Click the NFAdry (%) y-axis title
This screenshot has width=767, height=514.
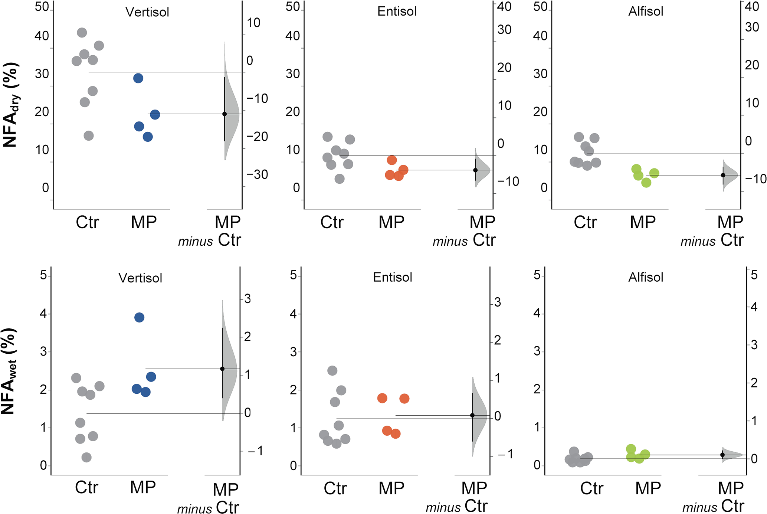pyautogui.click(x=11, y=105)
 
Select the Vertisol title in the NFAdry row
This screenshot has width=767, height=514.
pyautogui.click(x=147, y=12)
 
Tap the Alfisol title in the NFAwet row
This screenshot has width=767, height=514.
pyautogui.click(x=645, y=277)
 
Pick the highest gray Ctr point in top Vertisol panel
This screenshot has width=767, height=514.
pyautogui.click(x=82, y=33)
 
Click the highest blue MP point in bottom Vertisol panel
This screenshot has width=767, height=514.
pyautogui.click(x=139, y=317)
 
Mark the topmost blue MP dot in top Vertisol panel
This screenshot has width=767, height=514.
pyautogui.click(x=138, y=78)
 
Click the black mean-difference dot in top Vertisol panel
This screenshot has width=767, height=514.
pyautogui.click(x=224, y=114)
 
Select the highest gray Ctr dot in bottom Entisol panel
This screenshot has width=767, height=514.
pyautogui.click(x=332, y=370)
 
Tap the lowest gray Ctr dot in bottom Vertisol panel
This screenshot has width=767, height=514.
pyautogui.click(x=86, y=457)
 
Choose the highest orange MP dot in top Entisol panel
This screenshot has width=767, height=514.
pyautogui.click(x=392, y=160)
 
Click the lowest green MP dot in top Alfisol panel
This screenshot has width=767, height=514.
pyautogui.click(x=646, y=183)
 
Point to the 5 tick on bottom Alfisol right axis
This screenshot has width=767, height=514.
pyautogui.click(x=754, y=275)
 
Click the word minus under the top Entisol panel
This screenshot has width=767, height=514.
pyautogui.click(x=450, y=242)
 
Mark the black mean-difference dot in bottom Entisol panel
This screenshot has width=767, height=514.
pyautogui.click(x=472, y=415)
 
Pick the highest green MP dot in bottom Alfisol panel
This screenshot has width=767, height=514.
pyautogui.click(x=631, y=449)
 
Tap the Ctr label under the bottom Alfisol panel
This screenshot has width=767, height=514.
pyautogui.click(x=592, y=488)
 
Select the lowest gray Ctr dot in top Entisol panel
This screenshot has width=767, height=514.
pyautogui.click(x=340, y=179)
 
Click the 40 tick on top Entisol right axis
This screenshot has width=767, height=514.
pyautogui.click(x=504, y=7)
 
